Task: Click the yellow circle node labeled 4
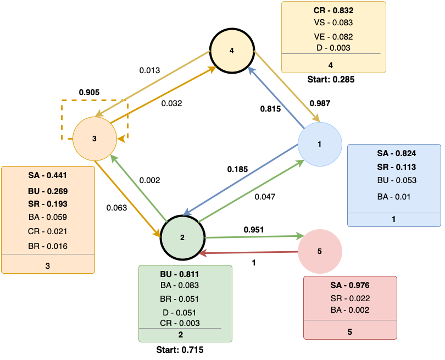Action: pyautogui.click(x=232, y=51)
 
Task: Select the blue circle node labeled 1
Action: pyautogui.click(x=320, y=144)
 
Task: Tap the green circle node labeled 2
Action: pyautogui.click(x=182, y=237)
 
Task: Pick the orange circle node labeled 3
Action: pyautogui.click(x=94, y=138)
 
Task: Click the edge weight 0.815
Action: pyautogui.click(x=270, y=109)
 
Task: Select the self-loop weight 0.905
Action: pyautogui.click(x=89, y=92)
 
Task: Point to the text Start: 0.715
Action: pyautogui.click(x=185, y=349)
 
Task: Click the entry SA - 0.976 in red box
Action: pyautogui.click(x=350, y=285)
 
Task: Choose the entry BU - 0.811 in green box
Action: pyautogui.click(x=180, y=273)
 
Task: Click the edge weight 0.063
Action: pyautogui.click(x=117, y=207)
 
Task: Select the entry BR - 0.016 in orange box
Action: pyautogui.click(x=48, y=246)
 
